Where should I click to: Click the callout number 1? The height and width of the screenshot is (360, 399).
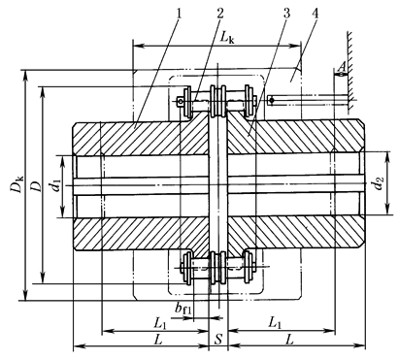click(179, 14)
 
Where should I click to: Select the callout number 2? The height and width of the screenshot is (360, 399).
click(220, 14)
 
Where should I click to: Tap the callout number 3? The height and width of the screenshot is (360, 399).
click(286, 14)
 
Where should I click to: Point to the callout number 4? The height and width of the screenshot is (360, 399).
click(315, 14)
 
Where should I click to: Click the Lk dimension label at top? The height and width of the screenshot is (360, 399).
click(228, 37)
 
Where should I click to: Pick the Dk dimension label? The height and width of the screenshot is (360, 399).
click(17, 183)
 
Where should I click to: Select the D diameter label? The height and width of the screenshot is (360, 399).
click(36, 185)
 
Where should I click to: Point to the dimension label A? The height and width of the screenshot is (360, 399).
click(343, 66)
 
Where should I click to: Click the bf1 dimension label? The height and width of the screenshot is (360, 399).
click(183, 309)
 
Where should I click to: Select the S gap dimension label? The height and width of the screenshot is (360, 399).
click(218, 340)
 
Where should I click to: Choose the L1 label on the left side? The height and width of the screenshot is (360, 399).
click(160, 323)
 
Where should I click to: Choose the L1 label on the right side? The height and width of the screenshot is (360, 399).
click(274, 322)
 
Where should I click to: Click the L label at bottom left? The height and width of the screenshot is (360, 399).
click(157, 340)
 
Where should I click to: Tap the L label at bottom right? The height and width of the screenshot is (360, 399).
click(289, 340)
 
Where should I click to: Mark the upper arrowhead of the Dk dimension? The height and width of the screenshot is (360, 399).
click(26, 75)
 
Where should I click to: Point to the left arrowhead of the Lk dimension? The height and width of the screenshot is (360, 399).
click(139, 46)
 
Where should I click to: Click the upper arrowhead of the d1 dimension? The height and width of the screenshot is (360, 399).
click(63, 161)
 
